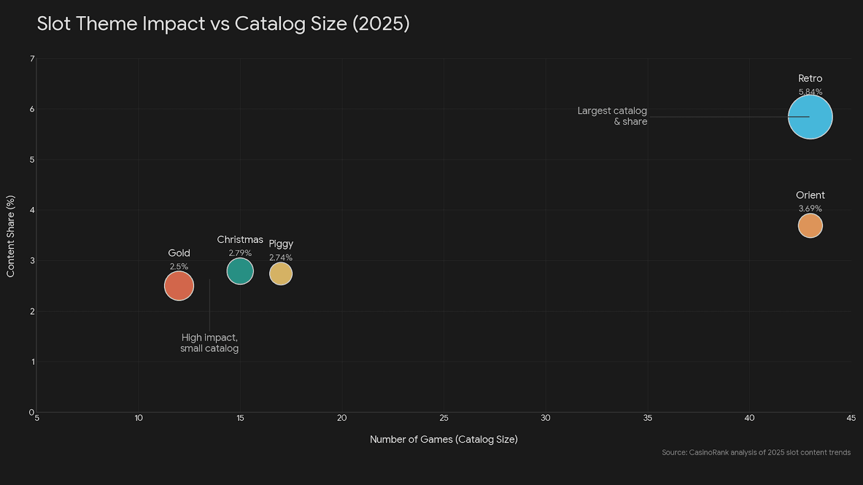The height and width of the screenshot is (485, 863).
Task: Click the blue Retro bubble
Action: pos(810,117)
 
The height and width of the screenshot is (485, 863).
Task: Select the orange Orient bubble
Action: pos(810,225)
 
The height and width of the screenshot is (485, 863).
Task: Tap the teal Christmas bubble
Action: pos(240,271)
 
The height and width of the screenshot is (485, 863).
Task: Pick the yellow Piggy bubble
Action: pos(280,274)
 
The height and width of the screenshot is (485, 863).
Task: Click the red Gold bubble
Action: pos(179,286)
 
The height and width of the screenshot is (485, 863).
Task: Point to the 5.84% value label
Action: pos(810,92)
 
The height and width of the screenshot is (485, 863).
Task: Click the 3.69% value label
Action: pos(810,209)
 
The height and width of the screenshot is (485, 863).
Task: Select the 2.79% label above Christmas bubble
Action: pos(240,253)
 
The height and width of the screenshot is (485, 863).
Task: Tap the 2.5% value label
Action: pos(179,267)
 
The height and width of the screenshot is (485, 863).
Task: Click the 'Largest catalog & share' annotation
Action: pos(613,116)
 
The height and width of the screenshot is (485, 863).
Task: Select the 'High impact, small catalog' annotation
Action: pos(209,343)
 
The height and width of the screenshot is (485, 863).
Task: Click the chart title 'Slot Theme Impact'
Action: pos(223,24)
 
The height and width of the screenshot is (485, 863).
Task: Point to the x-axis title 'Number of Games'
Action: pos(443,439)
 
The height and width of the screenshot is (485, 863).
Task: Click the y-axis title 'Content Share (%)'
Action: pos(11,236)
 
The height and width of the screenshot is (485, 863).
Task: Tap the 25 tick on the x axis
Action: pos(444,418)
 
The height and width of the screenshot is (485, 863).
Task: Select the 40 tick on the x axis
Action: pos(749,418)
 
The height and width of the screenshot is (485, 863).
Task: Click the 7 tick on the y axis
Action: pos(32,59)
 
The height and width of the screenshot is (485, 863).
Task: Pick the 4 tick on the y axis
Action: pos(32,210)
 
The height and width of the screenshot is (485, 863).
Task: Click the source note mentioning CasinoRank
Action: pos(756,453)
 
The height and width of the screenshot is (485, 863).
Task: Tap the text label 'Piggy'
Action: pos(280,244)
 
